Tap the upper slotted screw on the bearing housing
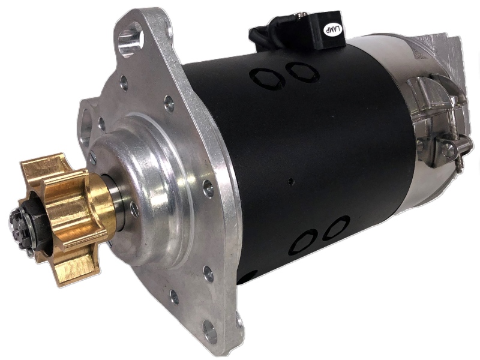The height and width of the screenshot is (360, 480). tap(94, 158)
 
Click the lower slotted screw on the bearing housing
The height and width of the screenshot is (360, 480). tap(134, 209)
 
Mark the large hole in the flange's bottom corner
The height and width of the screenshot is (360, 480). tap(211, 332)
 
